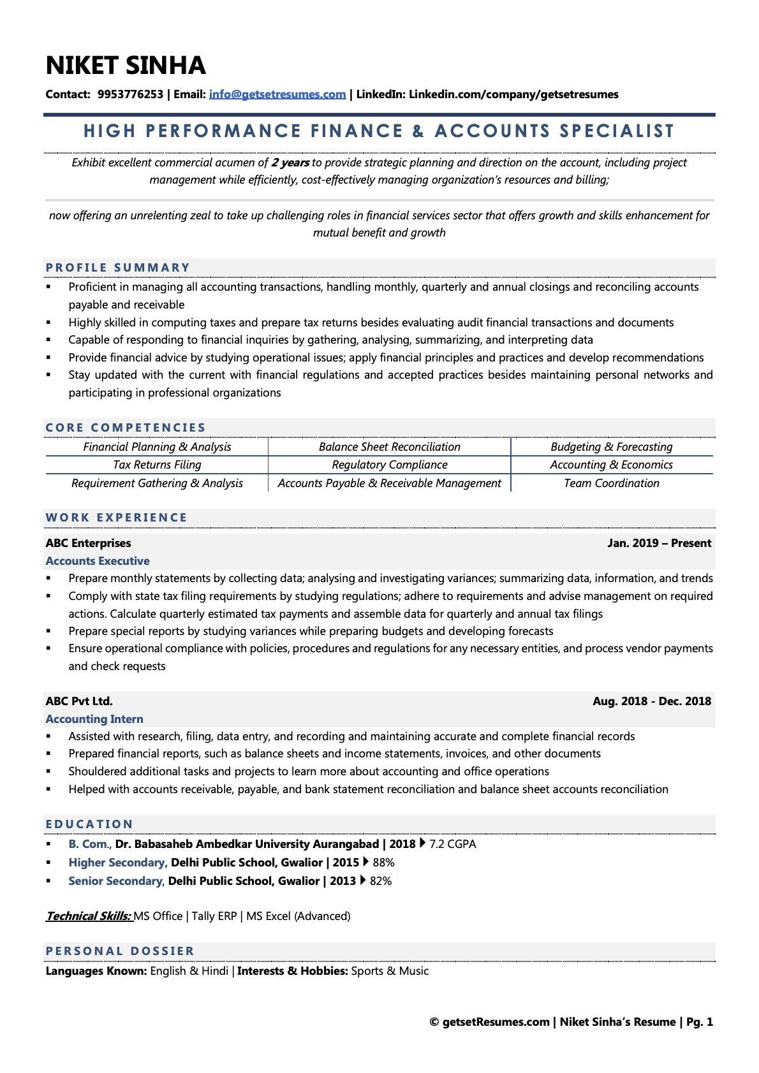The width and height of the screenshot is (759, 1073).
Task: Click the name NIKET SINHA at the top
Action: click(x=126, y=66)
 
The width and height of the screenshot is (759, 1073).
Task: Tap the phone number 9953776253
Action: click(x=130, y=94)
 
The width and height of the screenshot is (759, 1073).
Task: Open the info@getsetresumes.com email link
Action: click(x=277, y=94)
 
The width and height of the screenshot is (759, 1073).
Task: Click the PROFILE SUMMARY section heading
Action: click(x=118, y=268)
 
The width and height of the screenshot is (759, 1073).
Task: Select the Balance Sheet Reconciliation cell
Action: click(x=389, y=447)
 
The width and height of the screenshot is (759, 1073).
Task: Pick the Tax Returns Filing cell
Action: click(x=157, y=465)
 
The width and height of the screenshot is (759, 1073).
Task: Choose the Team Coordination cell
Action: click(x=611, y=483)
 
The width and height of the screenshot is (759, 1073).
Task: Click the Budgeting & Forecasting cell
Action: click(x=611, y=447)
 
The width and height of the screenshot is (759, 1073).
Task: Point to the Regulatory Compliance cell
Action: click(x=389, y=465)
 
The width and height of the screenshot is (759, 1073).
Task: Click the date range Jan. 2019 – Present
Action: click(x=659, y=543)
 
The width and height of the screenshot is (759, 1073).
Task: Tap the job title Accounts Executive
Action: click(x=98, y=561)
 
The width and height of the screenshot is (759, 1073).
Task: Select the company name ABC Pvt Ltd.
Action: click(x=79, y=701)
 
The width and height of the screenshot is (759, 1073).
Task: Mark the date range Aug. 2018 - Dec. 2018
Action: click(x=651, y=701)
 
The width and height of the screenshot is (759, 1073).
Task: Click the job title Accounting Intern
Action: click(x=94, y=719)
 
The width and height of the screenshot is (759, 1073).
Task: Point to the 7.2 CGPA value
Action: click(x=452, y=844)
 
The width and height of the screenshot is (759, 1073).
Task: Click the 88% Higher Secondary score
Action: click(x=383, y=863)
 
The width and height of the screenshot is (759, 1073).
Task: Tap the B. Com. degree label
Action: click(x=89, y=844)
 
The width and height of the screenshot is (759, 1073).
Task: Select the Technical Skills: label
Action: click(x=88, y=916)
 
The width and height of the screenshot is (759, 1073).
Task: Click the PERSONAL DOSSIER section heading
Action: click(x=120, y=951)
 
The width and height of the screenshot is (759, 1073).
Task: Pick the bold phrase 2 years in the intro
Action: click(x=290, y=163)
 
